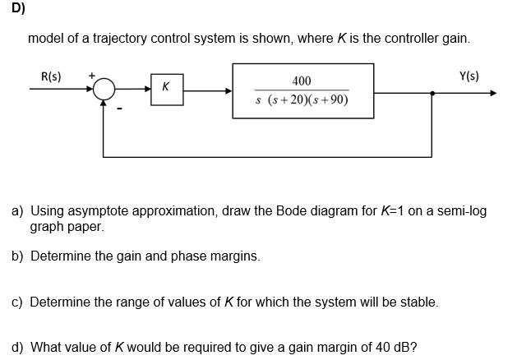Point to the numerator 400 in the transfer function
[x=302, y=81]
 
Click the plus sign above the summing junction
[x=91, y=77]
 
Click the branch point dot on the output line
[x=433, y=92]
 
